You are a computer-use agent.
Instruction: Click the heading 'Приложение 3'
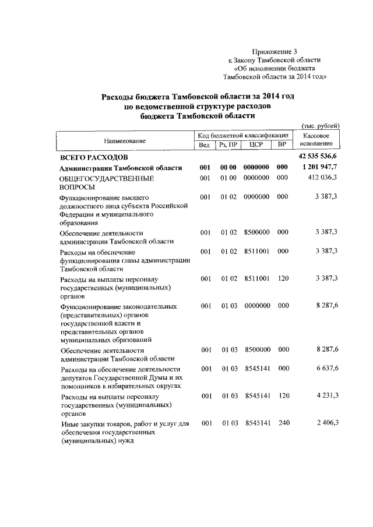click(x=276, y=51)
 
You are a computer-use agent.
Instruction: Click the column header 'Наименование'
click(x=125, y=141)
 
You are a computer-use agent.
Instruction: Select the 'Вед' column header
click(x=204, y=145)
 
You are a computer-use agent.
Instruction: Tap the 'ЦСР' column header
click(x=256, y=145)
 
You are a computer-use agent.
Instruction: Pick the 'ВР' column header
click(x=282, y=145)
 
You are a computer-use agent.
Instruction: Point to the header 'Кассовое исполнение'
click(x=318, y=139)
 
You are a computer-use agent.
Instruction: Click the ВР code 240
click(x=283, y=422)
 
